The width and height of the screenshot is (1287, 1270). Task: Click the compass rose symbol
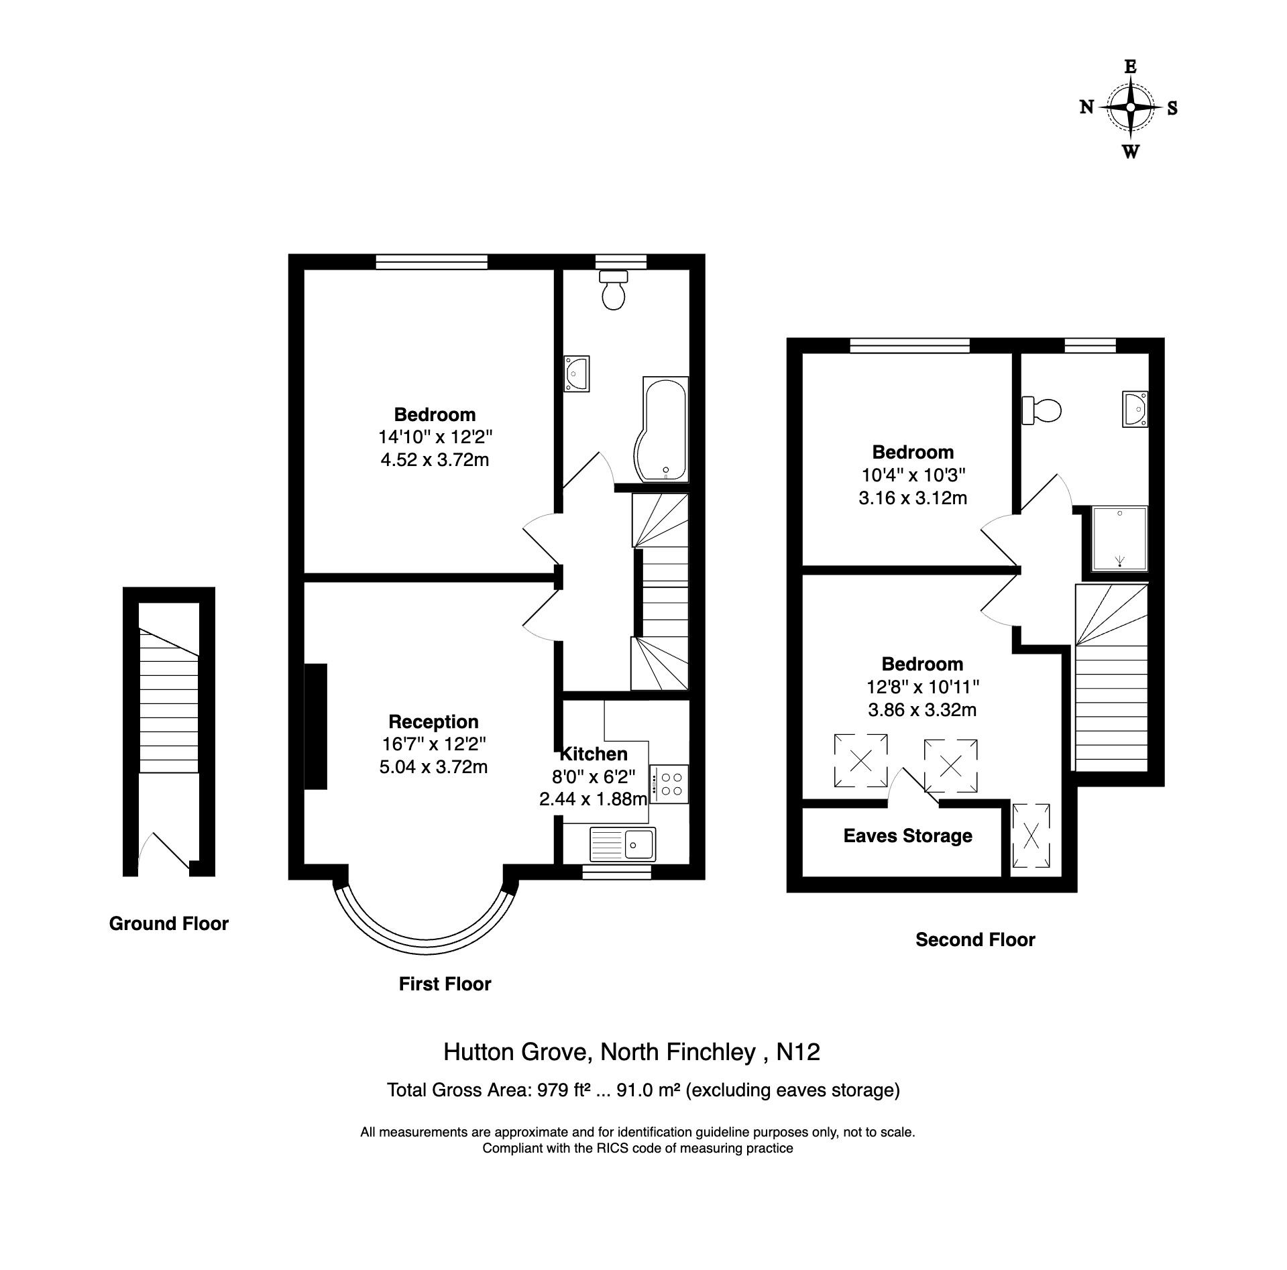coord(1131,107)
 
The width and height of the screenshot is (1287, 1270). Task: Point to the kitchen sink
coord(623,844)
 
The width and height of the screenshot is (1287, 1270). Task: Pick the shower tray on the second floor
coord(1119,538)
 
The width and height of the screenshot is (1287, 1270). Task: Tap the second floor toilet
coord(1041,410)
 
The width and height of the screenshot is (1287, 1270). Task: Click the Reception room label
coord(433,721)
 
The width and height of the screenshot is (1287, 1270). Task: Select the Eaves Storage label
coord(907,835)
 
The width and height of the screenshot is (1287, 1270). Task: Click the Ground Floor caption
coord(169,923)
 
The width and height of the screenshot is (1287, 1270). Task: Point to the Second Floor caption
coord(975,939)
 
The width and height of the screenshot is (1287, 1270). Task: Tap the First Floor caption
coord(445,984)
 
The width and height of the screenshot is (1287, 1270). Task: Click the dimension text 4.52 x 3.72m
coord(435,460)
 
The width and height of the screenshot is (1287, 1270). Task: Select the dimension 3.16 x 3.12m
coord(913,498)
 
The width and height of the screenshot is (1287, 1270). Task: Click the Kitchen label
coord(594,753)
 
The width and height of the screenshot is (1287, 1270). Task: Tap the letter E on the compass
coord(1131,66)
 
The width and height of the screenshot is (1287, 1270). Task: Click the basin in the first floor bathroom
coord(577,373)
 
